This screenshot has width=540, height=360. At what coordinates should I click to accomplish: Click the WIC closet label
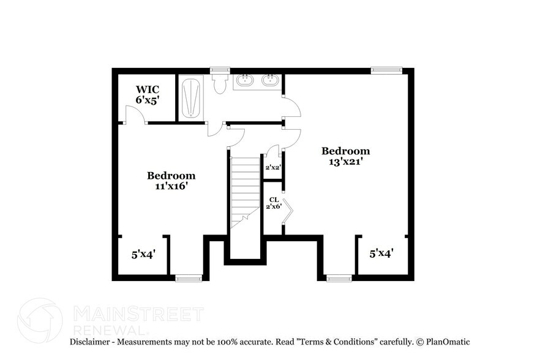click(147, 89)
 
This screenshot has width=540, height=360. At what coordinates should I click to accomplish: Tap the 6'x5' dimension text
click(147, 100)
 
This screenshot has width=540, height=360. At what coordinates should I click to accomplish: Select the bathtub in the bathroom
click(192, 97)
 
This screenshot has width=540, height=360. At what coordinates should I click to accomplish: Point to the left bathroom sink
click(246, 80)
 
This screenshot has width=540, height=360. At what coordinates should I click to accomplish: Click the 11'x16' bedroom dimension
click(171, 186)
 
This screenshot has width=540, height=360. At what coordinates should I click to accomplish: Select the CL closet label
click(273, 200)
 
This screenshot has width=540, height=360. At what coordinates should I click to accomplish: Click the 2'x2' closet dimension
click(272, 167)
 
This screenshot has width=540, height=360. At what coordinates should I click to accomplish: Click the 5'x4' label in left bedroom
click(143, 253)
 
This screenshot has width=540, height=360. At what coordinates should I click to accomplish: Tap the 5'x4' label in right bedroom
click(381, 252)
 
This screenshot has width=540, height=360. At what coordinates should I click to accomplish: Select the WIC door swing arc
click(134, 114)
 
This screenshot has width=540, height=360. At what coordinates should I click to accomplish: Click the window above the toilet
click(220, 70)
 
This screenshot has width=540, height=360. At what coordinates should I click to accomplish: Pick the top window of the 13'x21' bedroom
click(386, 70)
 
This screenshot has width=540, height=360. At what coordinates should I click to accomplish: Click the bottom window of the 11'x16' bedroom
click(189, 279)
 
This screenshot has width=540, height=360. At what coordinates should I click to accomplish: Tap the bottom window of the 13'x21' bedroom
click(339, 279)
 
